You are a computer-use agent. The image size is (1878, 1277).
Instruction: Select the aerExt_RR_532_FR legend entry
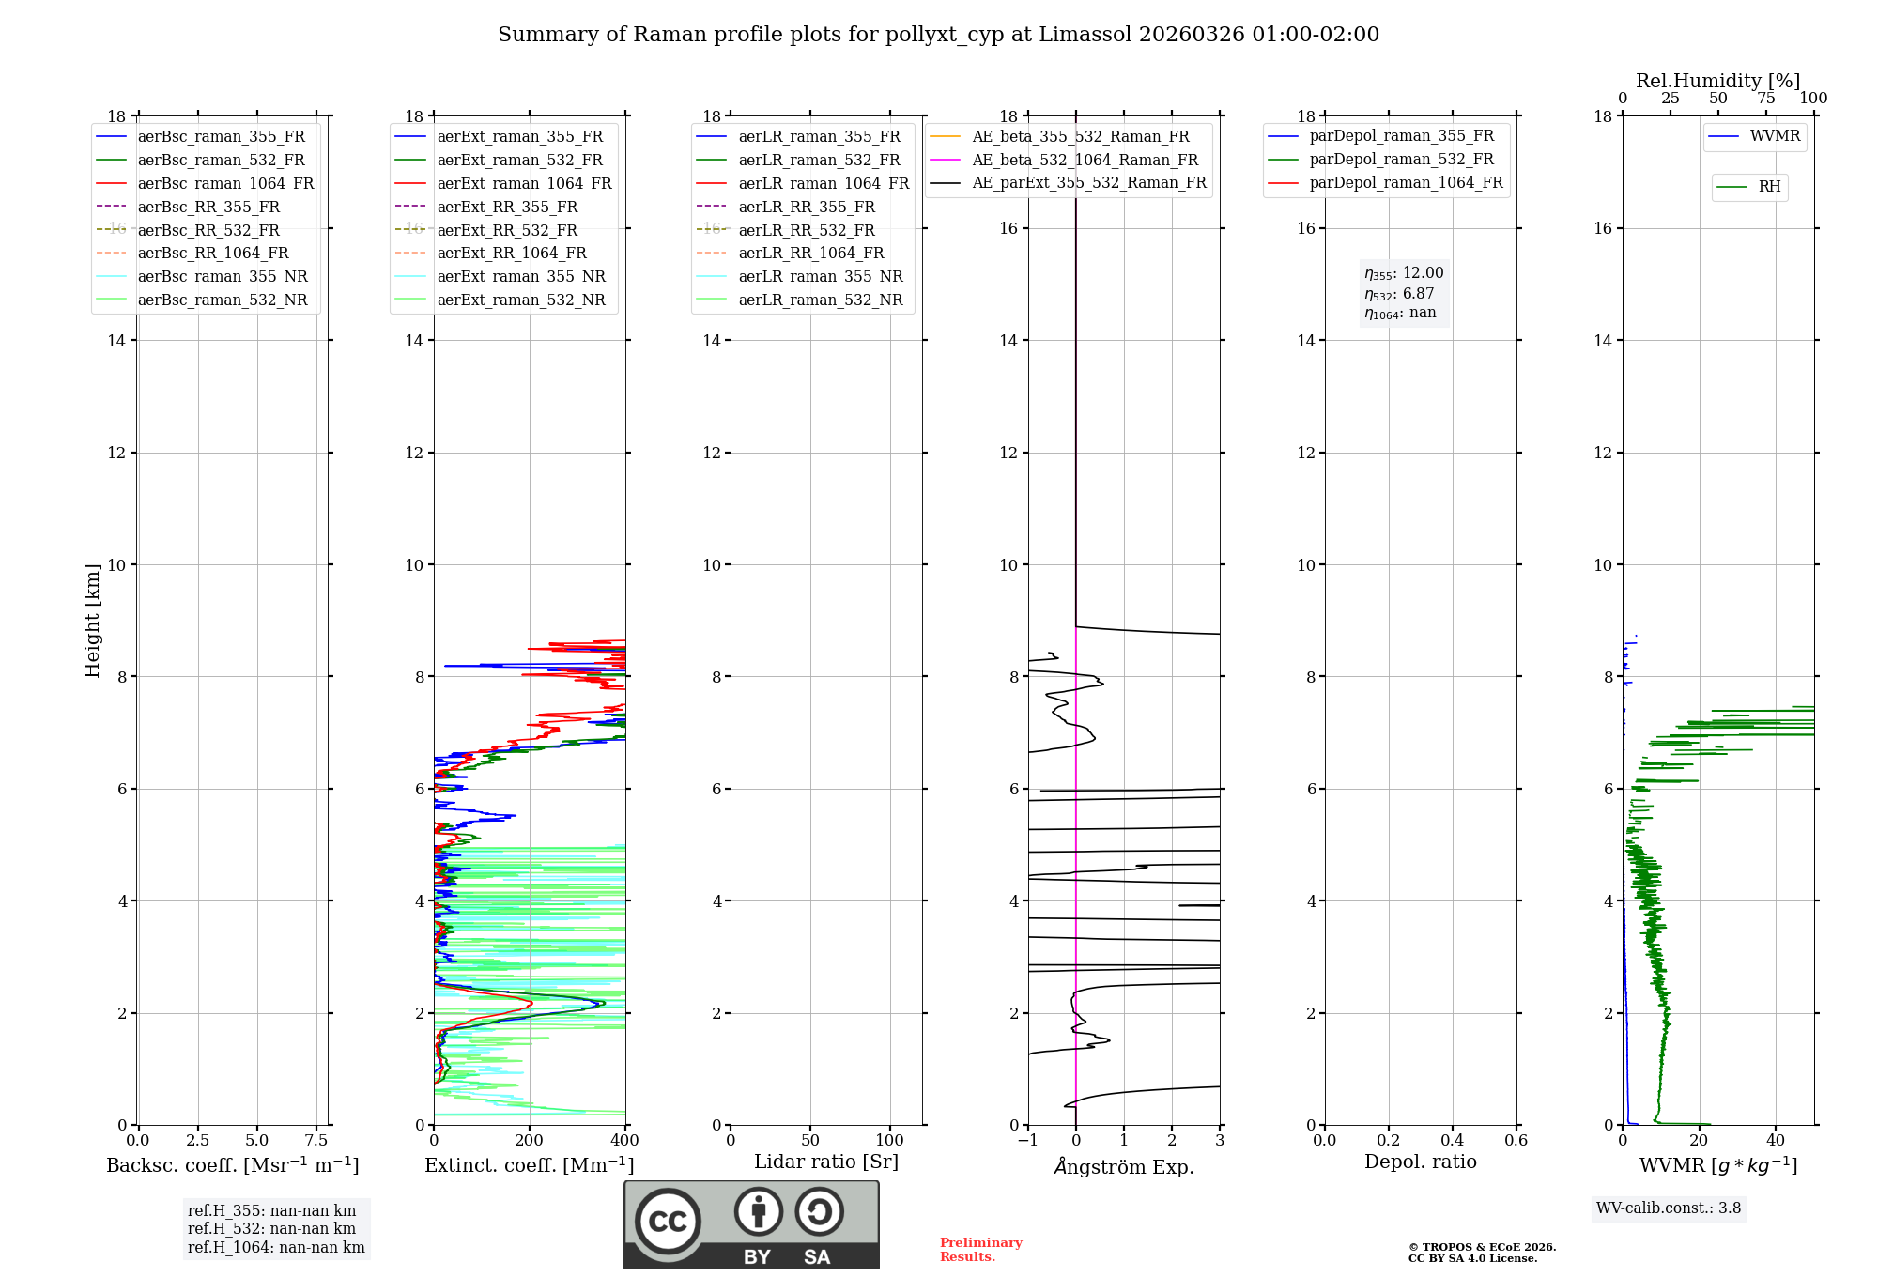click(507, 230)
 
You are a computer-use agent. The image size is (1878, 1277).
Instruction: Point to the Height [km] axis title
click(92, 620)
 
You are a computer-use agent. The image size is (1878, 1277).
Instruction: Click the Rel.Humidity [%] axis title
click(1717, 81)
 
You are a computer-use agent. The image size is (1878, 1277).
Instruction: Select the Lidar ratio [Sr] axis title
click(825, 1162)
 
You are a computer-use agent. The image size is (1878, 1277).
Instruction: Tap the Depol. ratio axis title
click(1420, 1162)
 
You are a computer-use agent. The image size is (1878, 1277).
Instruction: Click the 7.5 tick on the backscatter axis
click(316, 1141)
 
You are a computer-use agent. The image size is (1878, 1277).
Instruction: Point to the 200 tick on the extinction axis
click(530, 1141)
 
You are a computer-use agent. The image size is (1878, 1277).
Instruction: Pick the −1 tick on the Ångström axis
click(1028, 1141)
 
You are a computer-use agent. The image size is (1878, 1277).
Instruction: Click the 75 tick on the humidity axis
click(1766, 99)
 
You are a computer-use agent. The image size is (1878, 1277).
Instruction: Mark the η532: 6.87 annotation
click(1399, 294)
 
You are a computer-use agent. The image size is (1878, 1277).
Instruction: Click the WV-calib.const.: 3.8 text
click(1669, 1208)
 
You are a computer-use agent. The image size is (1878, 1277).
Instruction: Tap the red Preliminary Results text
click(980, 1250)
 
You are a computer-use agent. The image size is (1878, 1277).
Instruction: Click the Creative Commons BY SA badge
click(751, 1224)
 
